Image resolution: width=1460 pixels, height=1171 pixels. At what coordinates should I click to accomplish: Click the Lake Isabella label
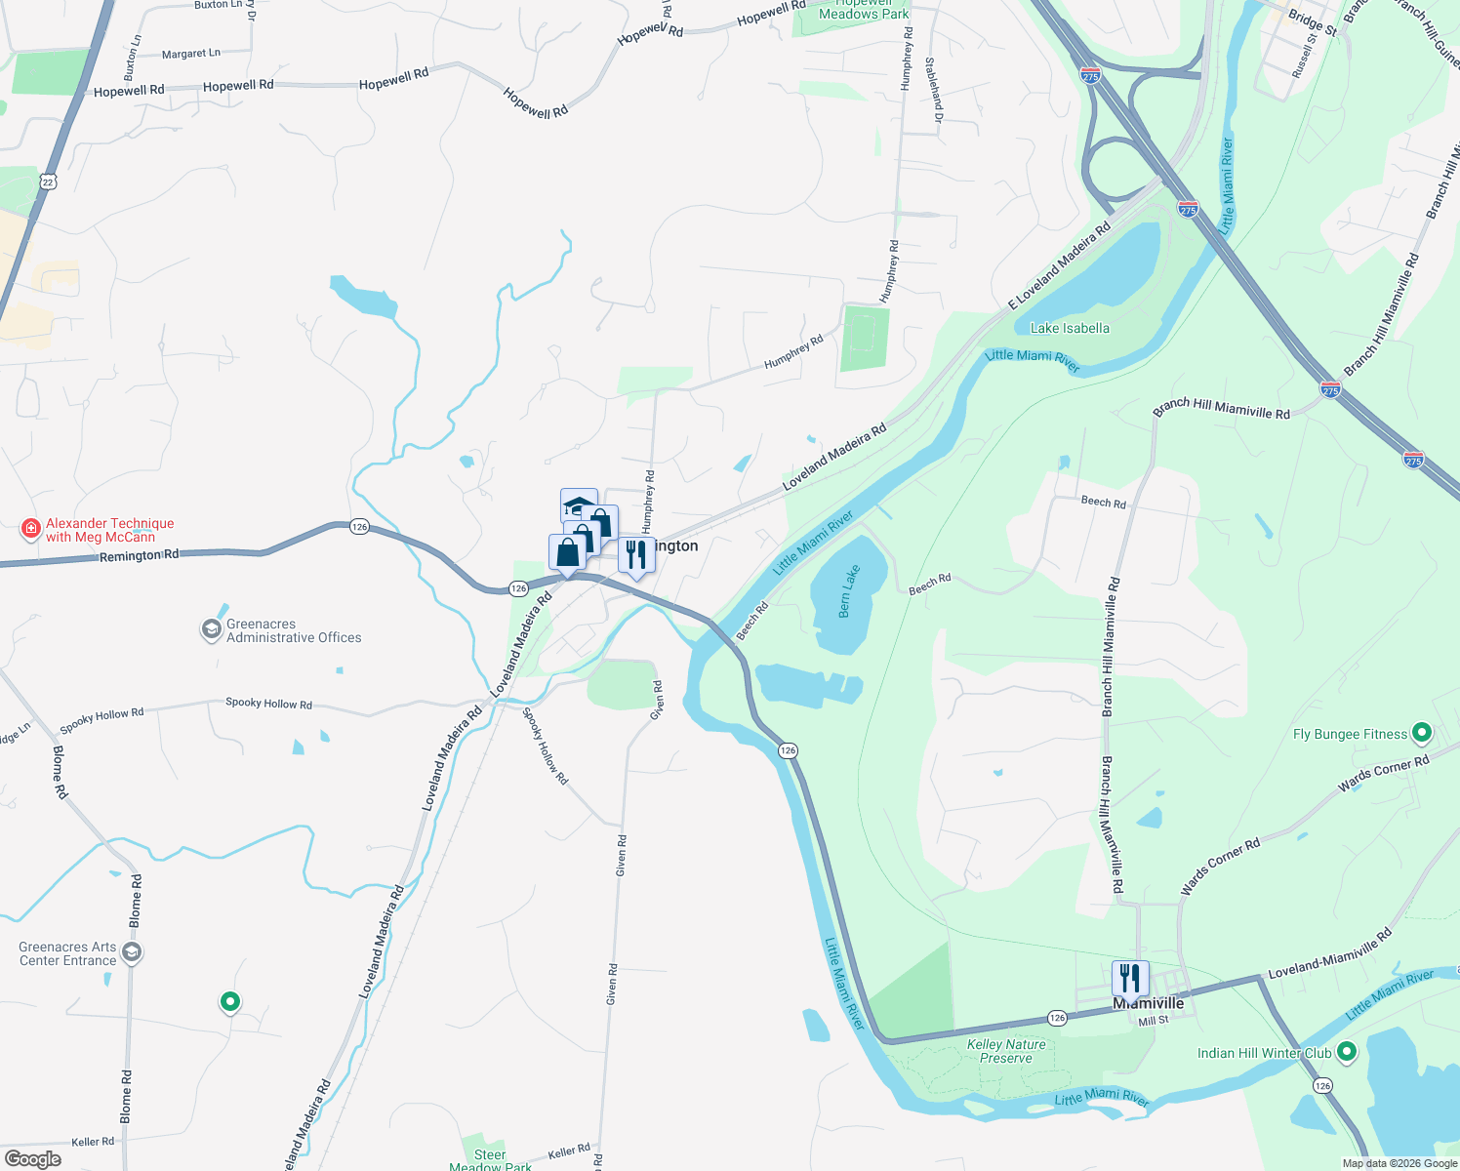pos(1070,328)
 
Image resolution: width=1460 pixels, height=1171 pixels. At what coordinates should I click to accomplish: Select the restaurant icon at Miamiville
pos(1130,978)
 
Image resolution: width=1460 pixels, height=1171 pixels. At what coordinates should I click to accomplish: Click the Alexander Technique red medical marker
pos(31,530)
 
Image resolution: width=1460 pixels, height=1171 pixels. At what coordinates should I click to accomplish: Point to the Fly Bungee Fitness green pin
pos(1422,732)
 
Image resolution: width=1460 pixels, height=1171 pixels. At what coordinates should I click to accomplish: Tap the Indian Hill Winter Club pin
pos(1347,1052)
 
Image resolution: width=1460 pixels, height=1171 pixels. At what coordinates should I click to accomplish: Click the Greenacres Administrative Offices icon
pos(211,630)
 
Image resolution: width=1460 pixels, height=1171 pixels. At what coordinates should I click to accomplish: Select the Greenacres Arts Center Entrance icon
pos(132,952)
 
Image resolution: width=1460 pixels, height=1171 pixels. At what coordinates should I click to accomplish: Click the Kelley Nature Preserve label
pos(1006,1051)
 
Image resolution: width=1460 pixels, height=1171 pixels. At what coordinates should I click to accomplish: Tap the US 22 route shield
pos(49,182)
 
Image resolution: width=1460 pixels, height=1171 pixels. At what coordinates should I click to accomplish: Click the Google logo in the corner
pos(33,1159)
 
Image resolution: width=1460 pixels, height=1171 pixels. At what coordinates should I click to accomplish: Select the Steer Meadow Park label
pos(490,1160)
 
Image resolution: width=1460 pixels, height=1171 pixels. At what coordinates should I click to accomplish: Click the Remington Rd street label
pos(139,555)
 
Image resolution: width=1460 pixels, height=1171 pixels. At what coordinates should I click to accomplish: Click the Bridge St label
pos(1312,21)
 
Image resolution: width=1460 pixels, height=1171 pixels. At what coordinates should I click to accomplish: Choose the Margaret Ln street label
pos(191,54)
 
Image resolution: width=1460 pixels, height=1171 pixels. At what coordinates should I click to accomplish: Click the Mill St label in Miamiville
pos(1154,1021)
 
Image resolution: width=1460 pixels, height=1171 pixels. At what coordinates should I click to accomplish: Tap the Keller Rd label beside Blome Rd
pos(93,1142)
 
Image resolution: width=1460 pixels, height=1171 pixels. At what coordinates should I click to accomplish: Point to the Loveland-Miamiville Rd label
pos(1329,954)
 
